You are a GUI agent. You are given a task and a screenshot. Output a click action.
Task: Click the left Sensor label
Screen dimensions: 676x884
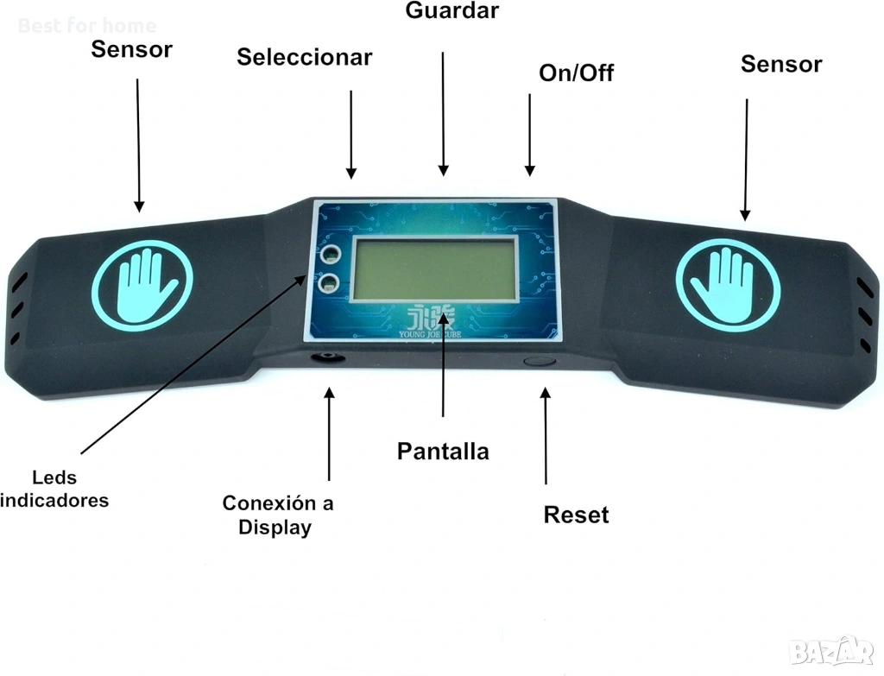[x=131, y=49]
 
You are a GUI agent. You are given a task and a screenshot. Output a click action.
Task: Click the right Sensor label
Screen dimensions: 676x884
[x=780, y=64]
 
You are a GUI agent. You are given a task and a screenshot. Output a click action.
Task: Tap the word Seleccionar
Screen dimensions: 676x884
[x=304, y=58]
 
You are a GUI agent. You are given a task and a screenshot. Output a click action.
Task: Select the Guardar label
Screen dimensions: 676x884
[x=451, y=11]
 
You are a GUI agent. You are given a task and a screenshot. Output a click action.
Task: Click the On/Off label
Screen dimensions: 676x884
[x=576, y=73]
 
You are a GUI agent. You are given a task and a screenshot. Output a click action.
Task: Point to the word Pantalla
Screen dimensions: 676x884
[x=443, y=451]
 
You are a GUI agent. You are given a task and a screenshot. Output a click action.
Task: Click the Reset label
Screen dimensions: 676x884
[x=576, y=515]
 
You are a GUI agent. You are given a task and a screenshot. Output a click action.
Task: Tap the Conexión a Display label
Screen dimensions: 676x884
[x=277, y=515]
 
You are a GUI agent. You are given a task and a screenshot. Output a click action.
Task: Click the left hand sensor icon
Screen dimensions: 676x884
[x=142, y=280]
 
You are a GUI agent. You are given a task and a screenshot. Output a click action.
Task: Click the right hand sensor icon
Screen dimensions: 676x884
[x=728, y=284]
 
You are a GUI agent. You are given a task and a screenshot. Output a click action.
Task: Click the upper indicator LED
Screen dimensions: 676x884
[x=329, y=255]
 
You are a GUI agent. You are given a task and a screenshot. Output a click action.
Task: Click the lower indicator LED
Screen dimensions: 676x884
[x=329, y=283]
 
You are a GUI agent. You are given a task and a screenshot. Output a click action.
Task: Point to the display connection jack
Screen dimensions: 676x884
[x=329, y=357]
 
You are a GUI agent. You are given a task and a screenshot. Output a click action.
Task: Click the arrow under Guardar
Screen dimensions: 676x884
[x=443, y=112]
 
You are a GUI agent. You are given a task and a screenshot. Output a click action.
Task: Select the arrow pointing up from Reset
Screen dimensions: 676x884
[x=545, y=436]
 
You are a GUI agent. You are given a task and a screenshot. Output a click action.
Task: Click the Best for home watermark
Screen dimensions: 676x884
[x=86, y=26]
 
